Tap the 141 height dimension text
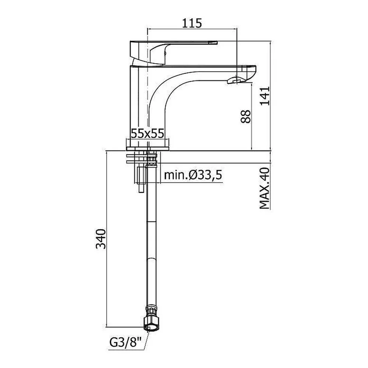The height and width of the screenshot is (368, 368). pyautogui.click(x=265, y=96)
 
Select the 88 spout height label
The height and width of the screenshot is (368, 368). pyautogui.click(x=246, y=116)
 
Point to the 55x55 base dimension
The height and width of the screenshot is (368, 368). pyautogui.click(x=148, y=134)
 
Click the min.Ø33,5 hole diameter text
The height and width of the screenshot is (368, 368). pyautogui.click(x=193, y=175)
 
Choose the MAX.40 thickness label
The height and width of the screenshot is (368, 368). pyautogui.click(x=265, y=188)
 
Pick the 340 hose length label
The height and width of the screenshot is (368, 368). pyautogui.click(x=101, y=239)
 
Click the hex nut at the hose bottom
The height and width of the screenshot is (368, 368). pyautogui.click(x=150, y=324)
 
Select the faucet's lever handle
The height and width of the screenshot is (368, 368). pyautogui.click(x=174, y=52)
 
